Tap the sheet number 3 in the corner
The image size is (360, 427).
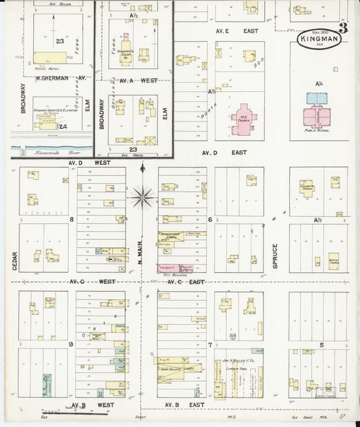(343, 28)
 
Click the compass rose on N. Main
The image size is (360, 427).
(143, 197)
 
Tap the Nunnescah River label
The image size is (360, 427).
(47, 153)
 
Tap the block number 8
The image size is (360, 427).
(70, 220)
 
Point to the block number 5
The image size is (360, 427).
(322, 345)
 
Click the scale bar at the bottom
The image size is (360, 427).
(57, 409)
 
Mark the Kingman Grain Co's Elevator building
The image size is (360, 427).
(47, 124)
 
